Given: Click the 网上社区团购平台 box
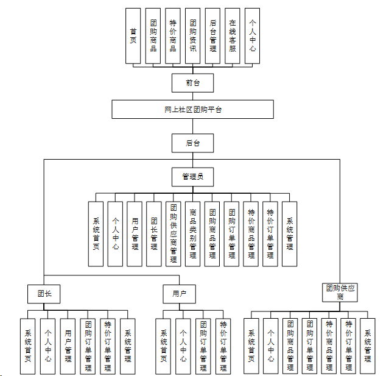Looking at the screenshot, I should pos(193,110).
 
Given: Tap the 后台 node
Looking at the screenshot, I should pos(193,144).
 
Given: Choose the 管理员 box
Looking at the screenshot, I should pos(193,177).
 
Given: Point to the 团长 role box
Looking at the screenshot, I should pos(44,294).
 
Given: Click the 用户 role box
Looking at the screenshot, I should pos(179,294).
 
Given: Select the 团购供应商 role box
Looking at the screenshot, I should pos(340,292).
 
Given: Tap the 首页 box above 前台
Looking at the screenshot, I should pos(133,36).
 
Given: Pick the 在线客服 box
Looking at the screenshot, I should pos(233,36).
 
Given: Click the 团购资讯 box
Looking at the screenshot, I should pos(192,36).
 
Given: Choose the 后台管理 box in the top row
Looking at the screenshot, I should pos(212,36).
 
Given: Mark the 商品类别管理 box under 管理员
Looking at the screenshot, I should pos(192,234).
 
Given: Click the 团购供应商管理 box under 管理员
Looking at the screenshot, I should pos(173,234).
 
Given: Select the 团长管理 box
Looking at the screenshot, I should pos(154,234).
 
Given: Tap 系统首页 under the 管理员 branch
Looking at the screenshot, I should pos(96,234).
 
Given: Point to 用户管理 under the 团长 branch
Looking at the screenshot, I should pos(68,346).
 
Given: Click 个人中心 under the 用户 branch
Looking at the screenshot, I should pos(183,346).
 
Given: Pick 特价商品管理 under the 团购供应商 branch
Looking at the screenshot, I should pos(329,346).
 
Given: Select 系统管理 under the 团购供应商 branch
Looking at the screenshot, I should pos(368,346).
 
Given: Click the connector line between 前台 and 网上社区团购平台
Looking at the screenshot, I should pos(193,96).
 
